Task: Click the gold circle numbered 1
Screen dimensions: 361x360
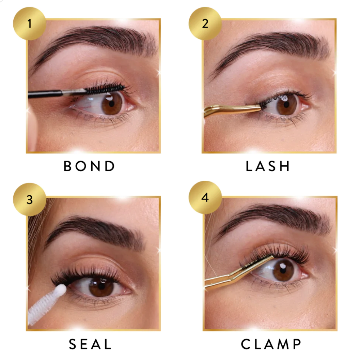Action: pyautogui.click(x=29, y=24)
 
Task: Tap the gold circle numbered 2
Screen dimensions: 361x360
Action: pyautogui.click(x=205, y=24)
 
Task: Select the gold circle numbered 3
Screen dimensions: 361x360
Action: pyautogui.click(x=29, y=199)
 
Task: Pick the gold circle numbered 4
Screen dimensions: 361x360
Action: pyautogui.click(x=205, y=197)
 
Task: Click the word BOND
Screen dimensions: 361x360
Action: pyautogui.click(x=89, y=166)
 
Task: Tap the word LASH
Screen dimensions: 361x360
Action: pyautogui.click(x=268, y=166)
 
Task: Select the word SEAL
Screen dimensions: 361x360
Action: pyautogui.click(x=90, y=344)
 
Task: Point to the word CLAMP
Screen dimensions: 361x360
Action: pyautogui.click(x=271, y=344)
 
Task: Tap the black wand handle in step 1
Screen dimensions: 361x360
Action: pyautogui.click(x=45, y=94)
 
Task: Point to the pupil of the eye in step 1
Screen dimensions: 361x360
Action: pyautogui.click(x=112, y=104)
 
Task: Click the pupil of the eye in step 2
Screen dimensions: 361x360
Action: pyautogui.click(x=286, y=104)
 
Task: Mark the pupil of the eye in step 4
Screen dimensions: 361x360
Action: pyautogui.click(x=283, y=270)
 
